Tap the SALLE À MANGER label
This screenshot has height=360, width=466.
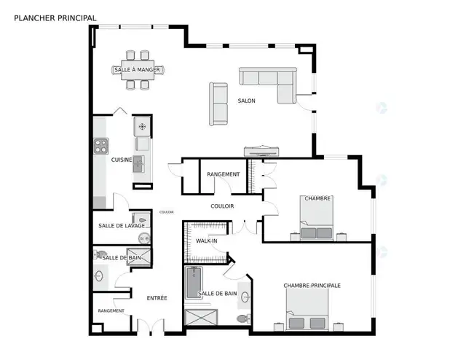(138, 70)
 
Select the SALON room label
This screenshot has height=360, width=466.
(246, 101)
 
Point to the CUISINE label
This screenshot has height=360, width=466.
(122, 159)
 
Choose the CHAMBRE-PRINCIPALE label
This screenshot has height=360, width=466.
(312, 285)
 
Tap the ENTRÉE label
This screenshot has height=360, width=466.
(157, 297)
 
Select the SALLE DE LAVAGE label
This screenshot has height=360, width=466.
(122, 226)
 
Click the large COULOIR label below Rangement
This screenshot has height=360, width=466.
(222, 206)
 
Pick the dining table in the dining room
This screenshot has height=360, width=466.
(138, 70)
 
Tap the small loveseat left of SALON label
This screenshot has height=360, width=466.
(218, 101)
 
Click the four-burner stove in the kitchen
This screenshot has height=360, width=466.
(99, 146)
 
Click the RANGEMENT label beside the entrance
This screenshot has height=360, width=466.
(111, 311)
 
